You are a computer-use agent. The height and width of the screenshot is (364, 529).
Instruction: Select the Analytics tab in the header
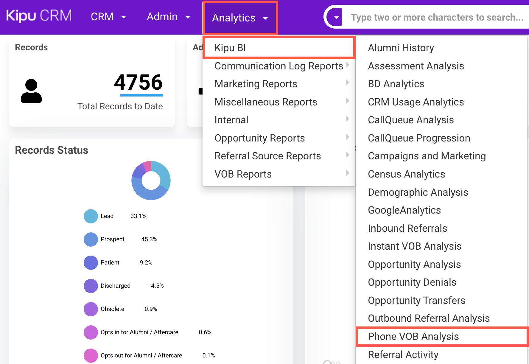coord(240,18)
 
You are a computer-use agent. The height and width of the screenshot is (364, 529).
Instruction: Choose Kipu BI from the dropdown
coord(230,48)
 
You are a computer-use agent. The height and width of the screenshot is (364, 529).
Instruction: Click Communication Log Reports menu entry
coord(279,66)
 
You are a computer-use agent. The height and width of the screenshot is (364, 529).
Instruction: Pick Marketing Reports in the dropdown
coord(256,84)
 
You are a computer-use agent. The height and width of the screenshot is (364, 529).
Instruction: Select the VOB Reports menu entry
coord(243,174)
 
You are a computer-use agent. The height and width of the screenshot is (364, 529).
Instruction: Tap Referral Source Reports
coord(268,156)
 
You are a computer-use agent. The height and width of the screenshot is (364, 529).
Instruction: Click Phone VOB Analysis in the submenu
coord(413,337)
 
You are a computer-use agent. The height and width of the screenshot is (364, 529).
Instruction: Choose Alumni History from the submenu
coord(401,48)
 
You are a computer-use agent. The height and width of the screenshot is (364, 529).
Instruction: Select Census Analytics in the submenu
coord(406,174)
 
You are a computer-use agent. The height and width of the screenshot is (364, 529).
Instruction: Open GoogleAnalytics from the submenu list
coord(404,210)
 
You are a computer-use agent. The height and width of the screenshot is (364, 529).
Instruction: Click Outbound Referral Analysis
coord(429,318)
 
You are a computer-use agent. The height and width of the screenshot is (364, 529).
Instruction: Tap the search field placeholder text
coord(437,17)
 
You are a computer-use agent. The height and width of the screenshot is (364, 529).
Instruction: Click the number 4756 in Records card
coord(139,82)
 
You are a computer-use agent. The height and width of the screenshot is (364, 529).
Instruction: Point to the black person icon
coord(31,91)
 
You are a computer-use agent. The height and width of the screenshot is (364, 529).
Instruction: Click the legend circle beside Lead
coord(91,216)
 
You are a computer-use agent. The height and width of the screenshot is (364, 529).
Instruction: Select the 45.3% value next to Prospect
coord(149,239)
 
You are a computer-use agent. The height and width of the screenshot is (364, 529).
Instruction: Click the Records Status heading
coord(52,150)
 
